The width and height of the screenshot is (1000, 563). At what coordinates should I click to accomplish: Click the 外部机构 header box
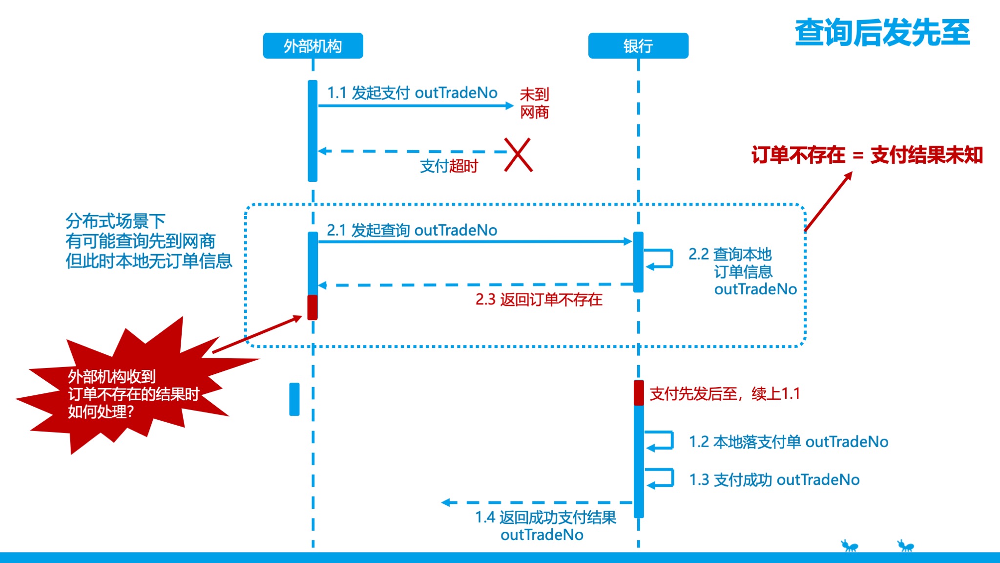(x=312, y=46)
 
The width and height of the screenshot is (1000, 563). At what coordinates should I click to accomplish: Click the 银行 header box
(x=638, y=46)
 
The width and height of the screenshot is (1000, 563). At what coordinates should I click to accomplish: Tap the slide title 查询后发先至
(x=882, y=33)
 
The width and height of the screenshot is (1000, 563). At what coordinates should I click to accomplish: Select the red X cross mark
(x=518, y=154)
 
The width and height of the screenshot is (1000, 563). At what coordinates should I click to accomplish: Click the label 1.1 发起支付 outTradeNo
(x=412, y=93)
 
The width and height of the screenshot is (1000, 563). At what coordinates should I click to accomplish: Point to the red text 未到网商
(x=534, y=103)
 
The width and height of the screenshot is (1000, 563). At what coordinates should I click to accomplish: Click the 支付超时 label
(x=449, y=166)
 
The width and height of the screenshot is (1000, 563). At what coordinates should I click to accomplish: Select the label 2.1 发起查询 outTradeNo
(x=412, y=230)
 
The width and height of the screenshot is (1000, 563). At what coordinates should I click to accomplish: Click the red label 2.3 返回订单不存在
(x=539, y=300)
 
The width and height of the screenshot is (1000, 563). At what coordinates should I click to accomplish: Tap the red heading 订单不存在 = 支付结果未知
(x=867, y=155)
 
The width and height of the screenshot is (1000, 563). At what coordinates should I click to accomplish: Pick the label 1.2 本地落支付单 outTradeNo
(x=788, y=442)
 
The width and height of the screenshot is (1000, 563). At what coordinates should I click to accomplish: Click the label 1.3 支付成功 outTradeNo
(x=774, y=480)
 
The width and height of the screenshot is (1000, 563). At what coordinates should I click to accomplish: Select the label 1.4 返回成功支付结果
(x=545, y=518)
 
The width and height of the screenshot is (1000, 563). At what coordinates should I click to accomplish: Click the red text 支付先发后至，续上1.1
(x=725, y=393)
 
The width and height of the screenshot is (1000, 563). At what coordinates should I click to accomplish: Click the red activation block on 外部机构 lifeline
(x=312, y=307)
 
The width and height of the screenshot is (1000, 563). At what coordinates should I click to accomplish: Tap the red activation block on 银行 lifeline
(x=638, y=393)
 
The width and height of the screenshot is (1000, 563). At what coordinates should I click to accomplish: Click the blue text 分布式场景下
(x=116, y=221)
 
